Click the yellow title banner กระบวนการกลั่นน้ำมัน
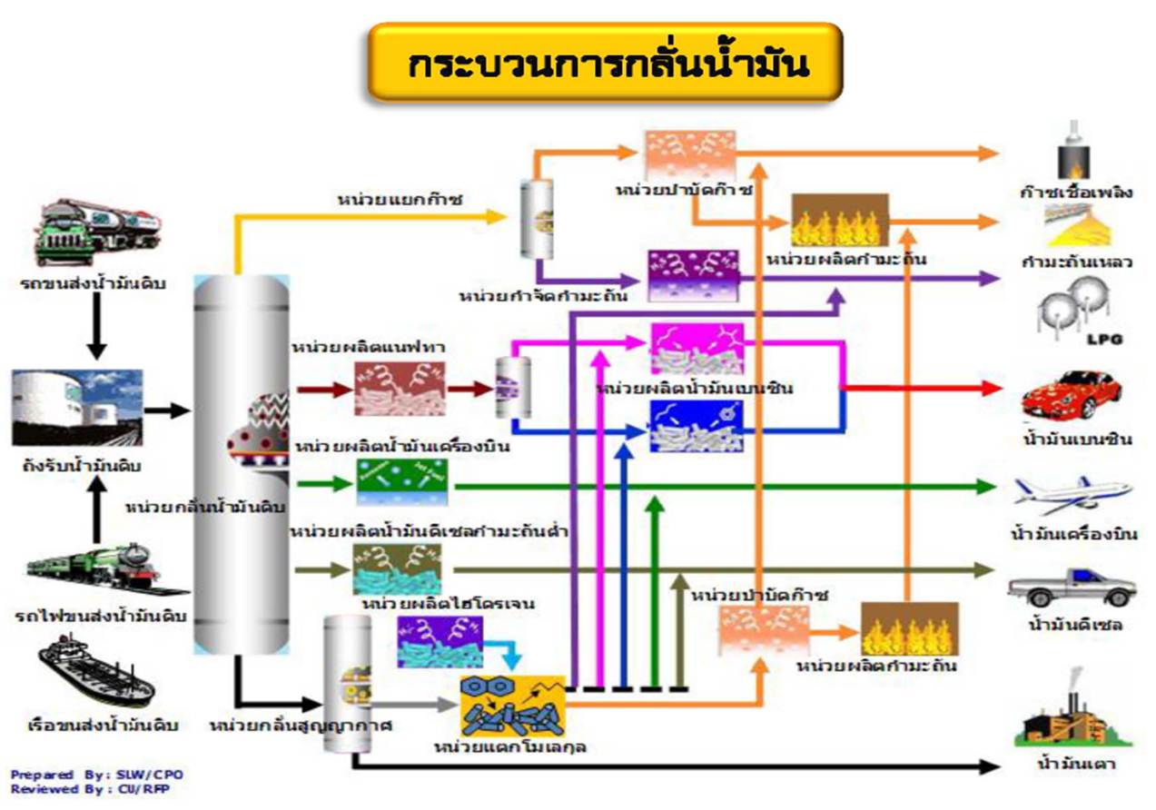pyautogui.click(x=605, y=62)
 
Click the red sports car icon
pyautogui.click(x=1072, y=395)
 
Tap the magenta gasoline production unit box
pyautogui.click(x=696, y=348)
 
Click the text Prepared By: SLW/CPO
pyautogui.click(x=96, y=775)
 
